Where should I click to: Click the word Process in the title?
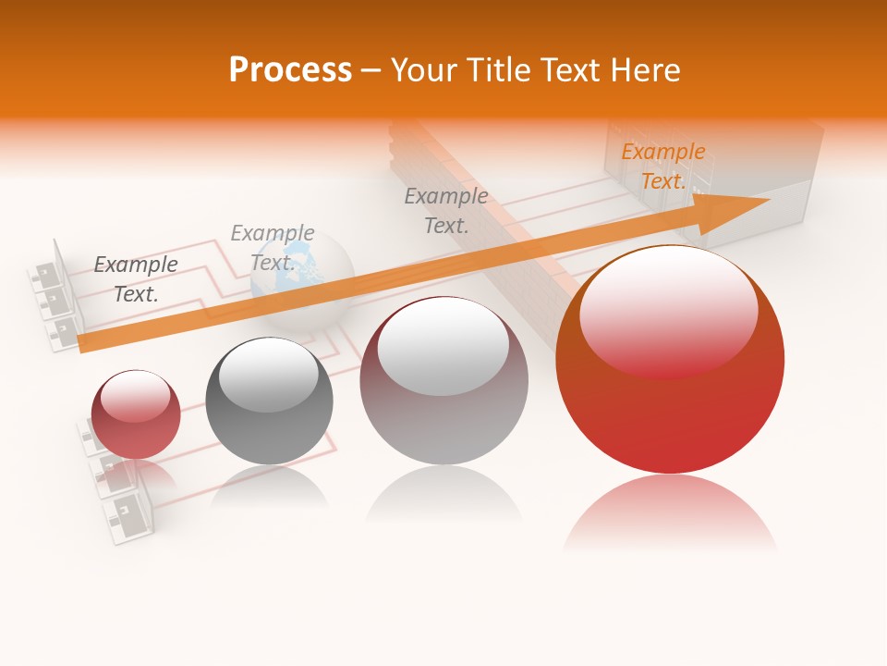(x=290, y=70)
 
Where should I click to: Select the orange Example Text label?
(x=662, y=166)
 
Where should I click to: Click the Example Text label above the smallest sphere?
(x=136, y=278)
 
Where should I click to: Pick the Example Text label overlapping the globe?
(x=272, y=247)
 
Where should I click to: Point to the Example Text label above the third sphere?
(x=446, y=210)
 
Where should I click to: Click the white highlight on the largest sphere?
(x=668, y=310)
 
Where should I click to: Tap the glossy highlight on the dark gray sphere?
(x=268, y=375)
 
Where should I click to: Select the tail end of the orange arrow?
(x=88, y=342)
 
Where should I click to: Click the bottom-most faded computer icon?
(x=129, y=518)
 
